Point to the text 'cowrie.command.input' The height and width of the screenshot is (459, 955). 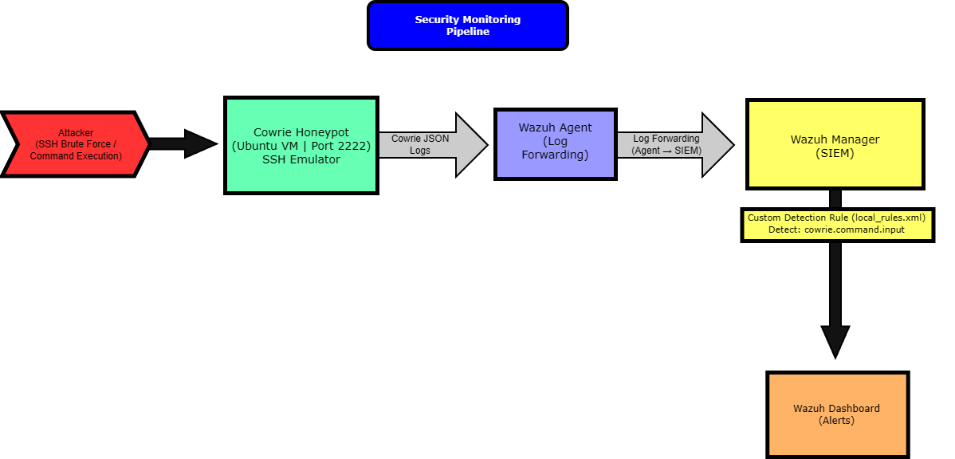pos(855,229)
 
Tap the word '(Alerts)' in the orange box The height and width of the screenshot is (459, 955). pos(836,420)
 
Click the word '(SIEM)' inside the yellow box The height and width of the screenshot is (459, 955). pos(835,153)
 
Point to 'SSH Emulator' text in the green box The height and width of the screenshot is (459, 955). pos(301,159)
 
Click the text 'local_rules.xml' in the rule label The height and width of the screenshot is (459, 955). pos(889,218)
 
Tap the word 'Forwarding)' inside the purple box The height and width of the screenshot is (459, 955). pos(555,155)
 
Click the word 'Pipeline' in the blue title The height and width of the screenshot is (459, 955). pos(467,32)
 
